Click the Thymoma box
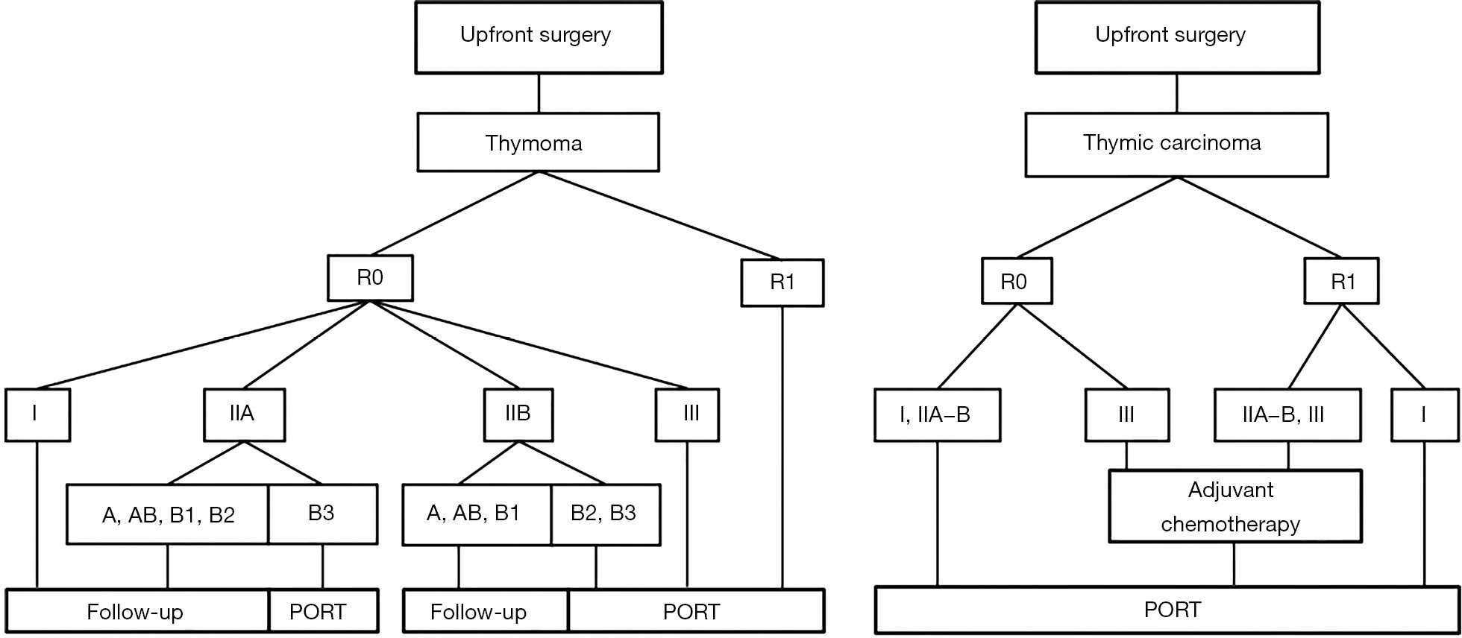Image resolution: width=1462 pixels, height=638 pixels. pyautogui.click(x=538, y=142)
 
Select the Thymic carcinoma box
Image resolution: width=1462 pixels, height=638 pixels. pyautogui.click(x=1176, y=145)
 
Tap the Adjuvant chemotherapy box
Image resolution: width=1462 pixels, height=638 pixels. pyautogui.click(x=1235, y=506)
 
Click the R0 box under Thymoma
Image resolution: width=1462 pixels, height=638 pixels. pyautogui.click(x=370, y=278)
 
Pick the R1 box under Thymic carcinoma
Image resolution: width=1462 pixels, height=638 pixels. pyautogui.click(x=1341, y=281)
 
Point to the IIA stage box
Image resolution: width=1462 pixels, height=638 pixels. pyautogui.click(x=245, y=414)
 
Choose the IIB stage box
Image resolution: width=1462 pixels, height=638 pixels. pyautogui.click(x=518, y=414)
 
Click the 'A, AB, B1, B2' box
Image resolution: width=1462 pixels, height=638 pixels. pyautogui.click(x=168, y=514)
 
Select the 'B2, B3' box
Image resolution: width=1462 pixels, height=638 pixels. pyautogui.click(x=605, y=514)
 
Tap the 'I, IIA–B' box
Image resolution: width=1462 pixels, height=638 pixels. pyautogui.click(x=937, y=414)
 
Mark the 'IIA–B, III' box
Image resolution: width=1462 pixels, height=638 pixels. pyautogui.click(x=1287, y=414)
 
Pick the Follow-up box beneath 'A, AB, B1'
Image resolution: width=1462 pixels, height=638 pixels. pyautogui.click(x=486, y=611)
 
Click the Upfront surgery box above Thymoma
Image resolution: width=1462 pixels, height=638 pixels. pyautogui.click(x=539, y=37)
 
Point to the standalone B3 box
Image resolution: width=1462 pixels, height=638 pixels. pyautogui.click(x=322, y=514)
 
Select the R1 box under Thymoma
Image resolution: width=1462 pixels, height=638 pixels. pyautogui.click(x=782, y=282)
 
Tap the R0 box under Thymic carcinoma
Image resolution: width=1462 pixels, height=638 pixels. pyautogui.click(x=1017, y=280)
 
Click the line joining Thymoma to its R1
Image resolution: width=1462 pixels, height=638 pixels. pyautogui.click(x=660, y=215)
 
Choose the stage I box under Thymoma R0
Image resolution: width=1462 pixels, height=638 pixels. pyautogui.click(x=37, y=414)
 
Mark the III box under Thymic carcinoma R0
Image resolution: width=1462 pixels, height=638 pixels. pyautogui.click(x=1126, y=414)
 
